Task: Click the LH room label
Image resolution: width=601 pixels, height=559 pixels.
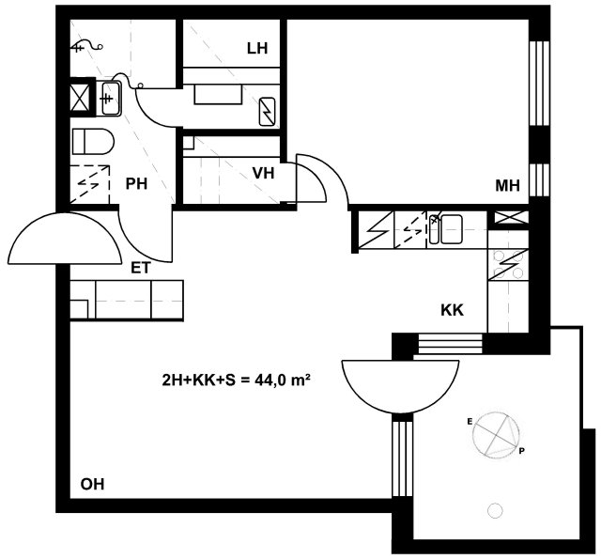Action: click(x=257, y=48)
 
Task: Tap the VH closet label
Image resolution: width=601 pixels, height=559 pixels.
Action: click(x=263, y=173)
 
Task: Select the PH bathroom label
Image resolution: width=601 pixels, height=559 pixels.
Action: click(x=136, y=184)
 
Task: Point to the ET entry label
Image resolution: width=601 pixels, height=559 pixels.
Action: click(x=141, y=268)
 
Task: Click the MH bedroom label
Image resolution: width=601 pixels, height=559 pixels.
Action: click(x=508, y=186)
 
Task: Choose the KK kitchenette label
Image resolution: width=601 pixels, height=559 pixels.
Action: click(x=453, y=310)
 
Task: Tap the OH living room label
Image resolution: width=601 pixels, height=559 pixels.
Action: click(x=92, y=484)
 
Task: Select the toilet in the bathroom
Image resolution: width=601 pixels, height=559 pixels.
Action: click(x=93, y=142)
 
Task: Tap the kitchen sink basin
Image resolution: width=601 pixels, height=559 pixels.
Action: click(x=451, y=229)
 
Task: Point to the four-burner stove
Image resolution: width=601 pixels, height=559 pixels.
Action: click(x=508, y=265)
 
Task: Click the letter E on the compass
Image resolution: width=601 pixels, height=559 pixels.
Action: click(x=470, y=422)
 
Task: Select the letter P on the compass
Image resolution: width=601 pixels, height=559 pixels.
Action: click(x=522, y=451)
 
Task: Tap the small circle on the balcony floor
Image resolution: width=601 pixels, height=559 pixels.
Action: click(x=495, y=511)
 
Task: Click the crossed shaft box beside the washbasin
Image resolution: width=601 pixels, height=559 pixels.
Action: click(x=81, y=99)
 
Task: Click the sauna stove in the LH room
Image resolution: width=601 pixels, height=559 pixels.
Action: click(x=267, y=112)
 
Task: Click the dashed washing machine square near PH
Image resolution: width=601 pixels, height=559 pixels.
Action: click(x=90, y=184)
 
